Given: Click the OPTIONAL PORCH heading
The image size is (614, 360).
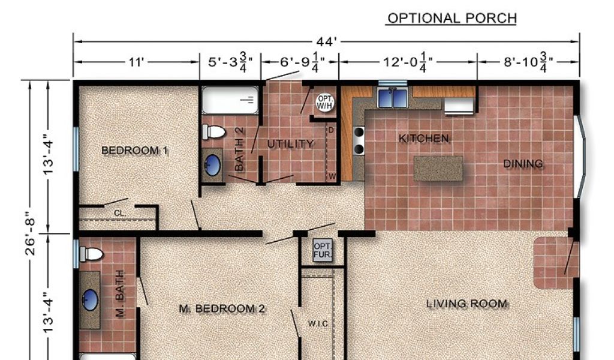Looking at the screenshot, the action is point(452,18).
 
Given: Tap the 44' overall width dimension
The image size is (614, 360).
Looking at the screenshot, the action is point(326,41).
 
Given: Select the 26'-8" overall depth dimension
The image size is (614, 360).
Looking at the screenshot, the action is point(30,233).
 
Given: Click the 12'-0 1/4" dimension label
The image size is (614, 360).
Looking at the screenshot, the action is point(408,62).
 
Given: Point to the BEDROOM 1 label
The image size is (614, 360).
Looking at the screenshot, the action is point(135,151).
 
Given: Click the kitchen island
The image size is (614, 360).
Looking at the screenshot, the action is point(438,169).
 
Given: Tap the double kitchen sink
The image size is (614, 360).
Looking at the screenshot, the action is point(392,97).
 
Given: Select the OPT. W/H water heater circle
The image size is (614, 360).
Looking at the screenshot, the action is point(326,102).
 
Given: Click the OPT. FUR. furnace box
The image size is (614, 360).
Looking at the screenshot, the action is point(323,250).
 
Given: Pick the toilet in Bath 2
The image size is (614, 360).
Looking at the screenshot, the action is point(213,131).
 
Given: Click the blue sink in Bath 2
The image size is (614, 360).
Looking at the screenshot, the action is point(212,165).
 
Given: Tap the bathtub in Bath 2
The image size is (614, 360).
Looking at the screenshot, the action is point(230,100).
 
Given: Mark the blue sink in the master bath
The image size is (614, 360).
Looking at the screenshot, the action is point(90,300).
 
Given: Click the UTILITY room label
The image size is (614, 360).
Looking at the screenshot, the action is point(291,144).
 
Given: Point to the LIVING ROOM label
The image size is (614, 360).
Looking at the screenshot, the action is point(466,304).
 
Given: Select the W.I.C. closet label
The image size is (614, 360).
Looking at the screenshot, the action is point(319,324).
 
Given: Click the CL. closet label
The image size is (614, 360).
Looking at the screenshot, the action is point(120,213).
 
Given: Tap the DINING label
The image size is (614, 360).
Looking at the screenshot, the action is point(523,163).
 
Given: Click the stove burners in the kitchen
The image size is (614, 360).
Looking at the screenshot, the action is point(359,140).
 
